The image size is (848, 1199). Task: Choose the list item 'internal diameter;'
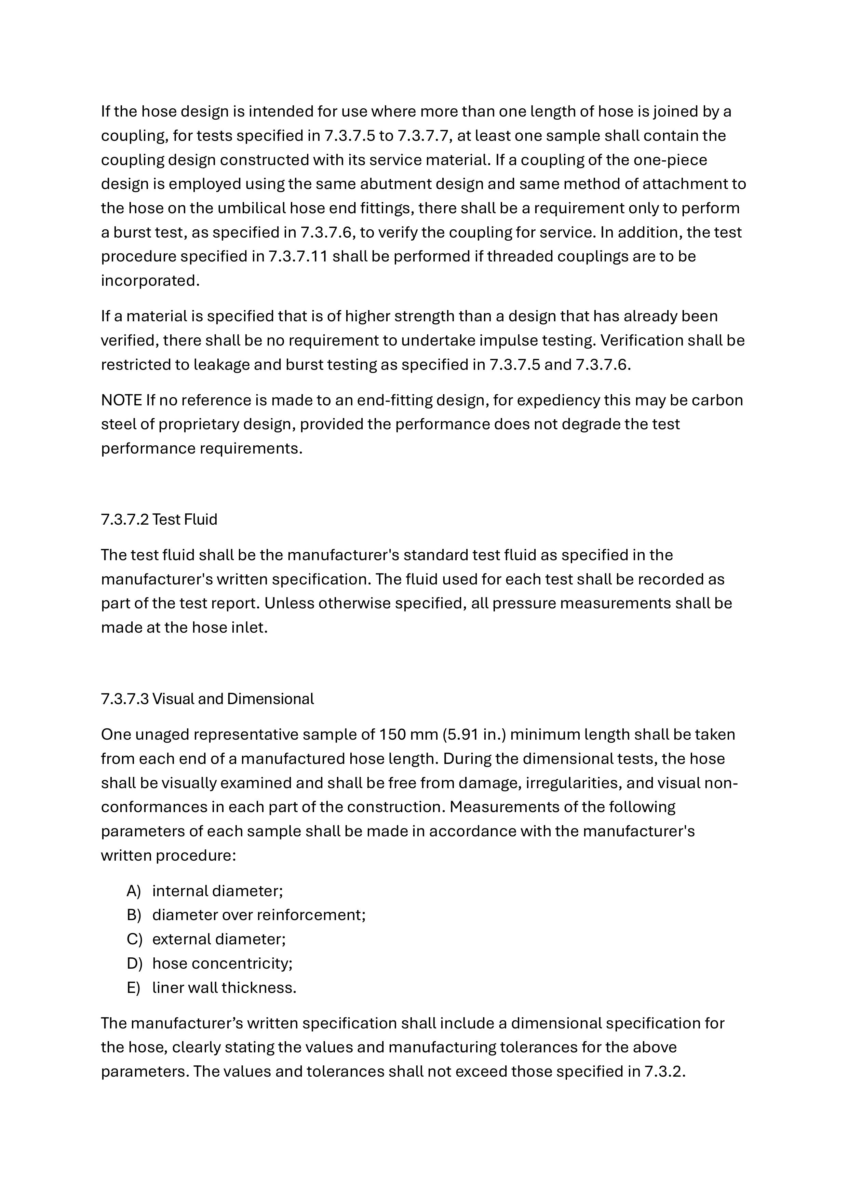click(x=217, y=891)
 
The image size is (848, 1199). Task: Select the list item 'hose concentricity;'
click(x=222, y=964)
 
